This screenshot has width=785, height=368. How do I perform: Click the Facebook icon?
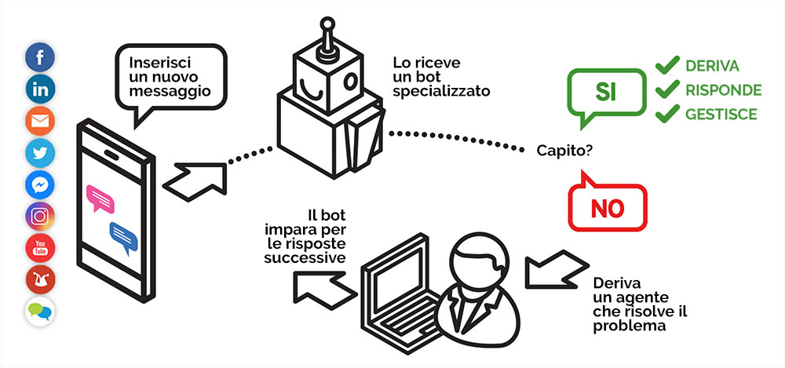[x=39, y=58]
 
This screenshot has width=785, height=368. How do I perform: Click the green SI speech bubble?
[x=606, y=93]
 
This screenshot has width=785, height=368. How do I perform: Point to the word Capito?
[x=564, y=150]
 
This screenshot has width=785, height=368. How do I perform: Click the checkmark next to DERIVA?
[x=666, y=65]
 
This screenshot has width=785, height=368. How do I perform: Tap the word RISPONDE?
[x=723, y=89]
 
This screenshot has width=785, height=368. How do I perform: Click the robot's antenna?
[x=327, y=39]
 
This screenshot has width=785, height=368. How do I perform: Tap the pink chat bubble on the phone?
[x=100, y=196]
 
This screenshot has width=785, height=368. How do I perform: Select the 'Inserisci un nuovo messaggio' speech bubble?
[x=168, y=75]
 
